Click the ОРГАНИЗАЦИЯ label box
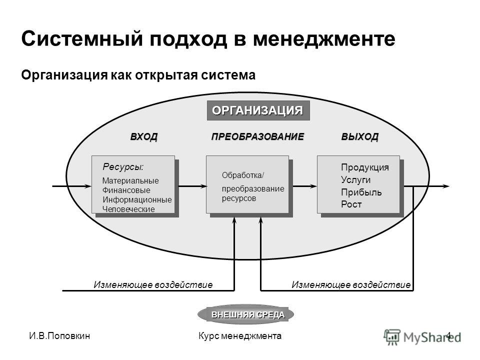[x=258, y=110]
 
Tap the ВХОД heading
[x=144, y=136]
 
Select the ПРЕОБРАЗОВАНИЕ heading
[x=258, y=136]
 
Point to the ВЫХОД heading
[x=359, y=136]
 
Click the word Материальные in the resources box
[x=130, y=180]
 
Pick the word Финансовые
[x=126, y=190]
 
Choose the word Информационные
[x=137, y=199]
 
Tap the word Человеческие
[x=128, y=209]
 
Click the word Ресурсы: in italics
[x=123, y=167]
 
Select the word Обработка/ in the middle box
[x=243, y=175]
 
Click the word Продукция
[x=365, y=167]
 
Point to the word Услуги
[x=355, y=179]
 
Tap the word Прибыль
[x=361, y=192]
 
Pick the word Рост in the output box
[x=351, y=204]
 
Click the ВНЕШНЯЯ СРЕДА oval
[x=246, y=314]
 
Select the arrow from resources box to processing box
[x=192, y=186]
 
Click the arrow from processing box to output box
[x=305, y=186]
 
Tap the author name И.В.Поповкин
[x=59, y=336]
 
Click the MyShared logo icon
[x=392, y=337]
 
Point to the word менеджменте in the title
[x=324, y=39]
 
